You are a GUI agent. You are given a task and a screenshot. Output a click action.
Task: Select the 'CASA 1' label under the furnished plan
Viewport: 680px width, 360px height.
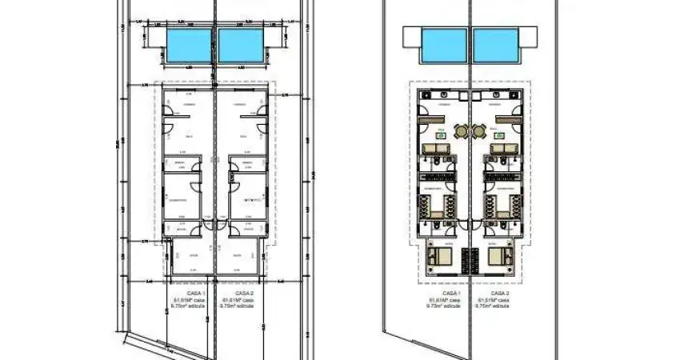pos(452,294)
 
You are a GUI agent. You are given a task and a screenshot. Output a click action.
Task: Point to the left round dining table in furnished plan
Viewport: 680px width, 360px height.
pos(461,132)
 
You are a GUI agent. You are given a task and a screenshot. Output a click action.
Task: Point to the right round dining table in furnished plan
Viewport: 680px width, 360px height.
pos(478,132)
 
